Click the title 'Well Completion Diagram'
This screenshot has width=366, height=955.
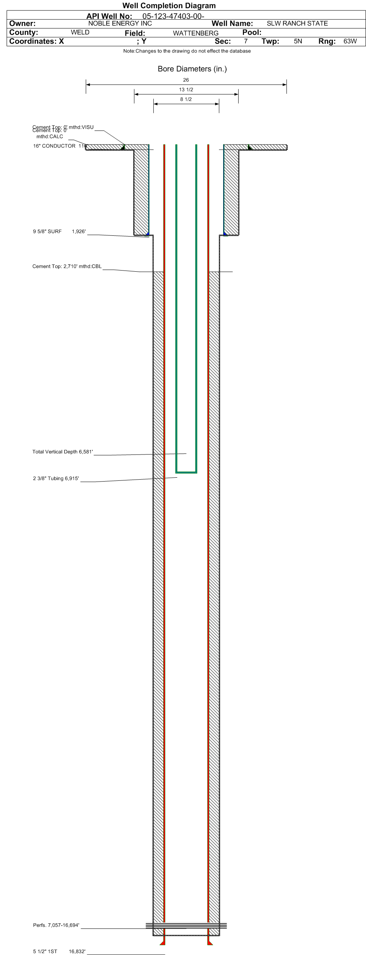coord(169,5)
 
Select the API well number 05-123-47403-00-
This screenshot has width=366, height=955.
coord(173,16)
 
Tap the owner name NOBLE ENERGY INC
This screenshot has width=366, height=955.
coord(120,23)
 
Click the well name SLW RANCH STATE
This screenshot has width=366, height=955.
coord(297,23)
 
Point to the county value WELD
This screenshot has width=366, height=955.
coord(80,32)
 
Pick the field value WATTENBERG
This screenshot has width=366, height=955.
coord(195,33)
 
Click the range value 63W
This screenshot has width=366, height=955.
coord(350,41)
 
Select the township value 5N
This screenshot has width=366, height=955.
coord(298,41)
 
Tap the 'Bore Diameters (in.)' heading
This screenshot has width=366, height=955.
coord(192,69)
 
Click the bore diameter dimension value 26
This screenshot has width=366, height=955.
coord(186,80)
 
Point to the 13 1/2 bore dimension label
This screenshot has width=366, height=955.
coord(186,90)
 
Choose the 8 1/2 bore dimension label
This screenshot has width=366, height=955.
coord(186,99)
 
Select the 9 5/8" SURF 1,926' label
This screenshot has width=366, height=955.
coord(59,232)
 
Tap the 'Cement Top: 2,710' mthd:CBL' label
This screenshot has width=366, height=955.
coord(67,266)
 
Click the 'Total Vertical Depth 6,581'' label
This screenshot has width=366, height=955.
coord(63,452)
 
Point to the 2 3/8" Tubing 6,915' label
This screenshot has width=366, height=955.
coord(56,478)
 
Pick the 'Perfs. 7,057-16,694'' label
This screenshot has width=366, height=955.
coord(56,925)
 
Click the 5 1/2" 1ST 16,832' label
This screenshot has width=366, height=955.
coord(59,951)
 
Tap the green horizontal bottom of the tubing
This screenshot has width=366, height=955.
coord(186,472)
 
